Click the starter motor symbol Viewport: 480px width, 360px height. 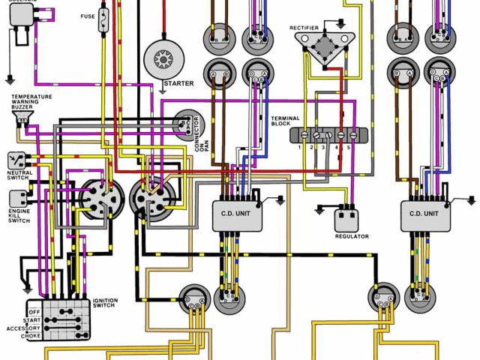click(163, 56)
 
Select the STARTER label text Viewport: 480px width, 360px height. click(178, 83)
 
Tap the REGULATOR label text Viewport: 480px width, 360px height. click(352, 237)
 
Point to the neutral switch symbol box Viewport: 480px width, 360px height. click(17, 159)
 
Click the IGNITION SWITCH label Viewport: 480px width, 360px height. click(105, 304)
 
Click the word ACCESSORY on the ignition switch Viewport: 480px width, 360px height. click(22, 328)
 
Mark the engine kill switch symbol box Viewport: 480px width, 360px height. click(17, 199)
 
